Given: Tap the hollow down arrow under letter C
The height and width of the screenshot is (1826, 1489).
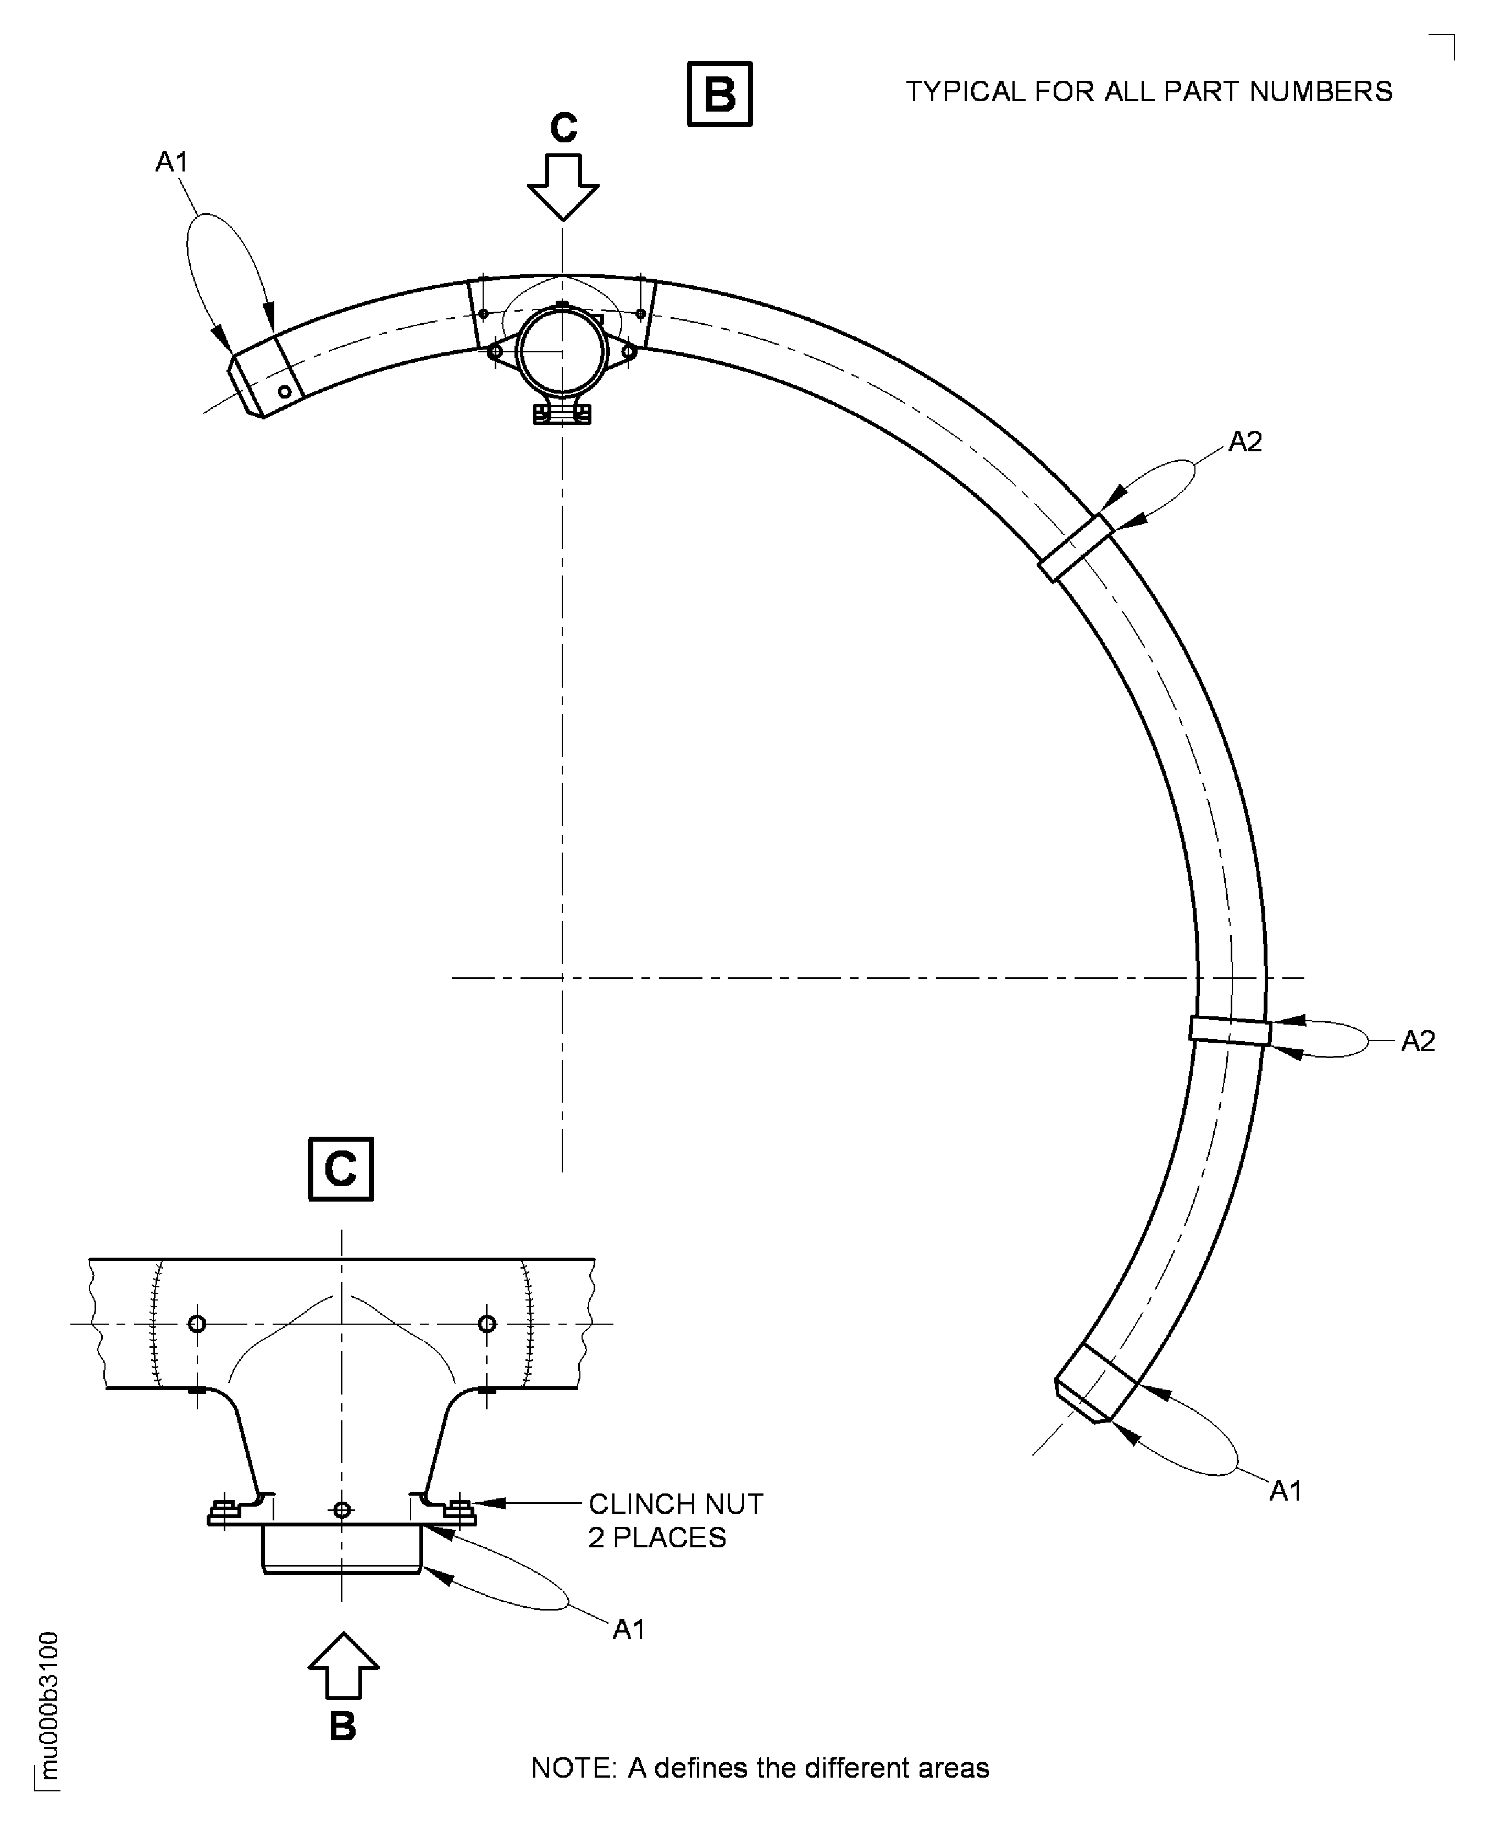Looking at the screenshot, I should pyautogui.click(x=563, y=186).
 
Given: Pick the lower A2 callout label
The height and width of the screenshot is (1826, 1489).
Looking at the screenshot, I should pyautogui.click(x=1417, y=1041).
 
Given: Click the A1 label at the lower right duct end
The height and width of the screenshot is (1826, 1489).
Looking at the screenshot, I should pyautogui.click(x=1285, y=1491).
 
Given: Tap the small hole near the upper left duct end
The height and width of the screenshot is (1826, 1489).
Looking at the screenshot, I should pyautogui.click(x=285, y=392).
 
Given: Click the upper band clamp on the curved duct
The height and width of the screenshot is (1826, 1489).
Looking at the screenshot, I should pyautogui.click(x=1076, y=547).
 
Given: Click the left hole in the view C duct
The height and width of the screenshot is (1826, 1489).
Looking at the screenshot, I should pyautogui.click(x=196, y=1324).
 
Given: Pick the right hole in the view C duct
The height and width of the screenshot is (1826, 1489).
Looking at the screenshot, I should pyautogui.click(x=486, y=1324).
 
